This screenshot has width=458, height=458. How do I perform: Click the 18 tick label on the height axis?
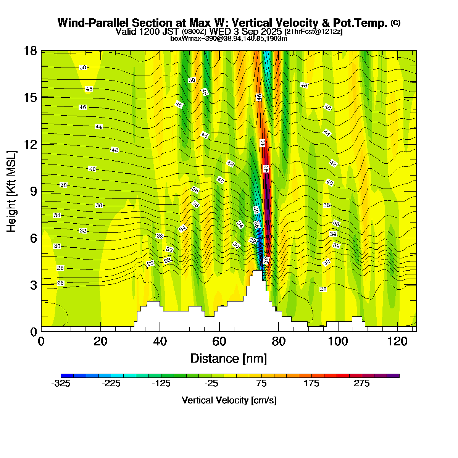(x=31, y=51)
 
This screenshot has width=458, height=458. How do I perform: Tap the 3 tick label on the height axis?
(x=34, y=285)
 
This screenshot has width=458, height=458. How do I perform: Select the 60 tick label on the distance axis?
(x=219, y=341)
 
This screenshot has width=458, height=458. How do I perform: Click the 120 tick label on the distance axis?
(x=398, y=341)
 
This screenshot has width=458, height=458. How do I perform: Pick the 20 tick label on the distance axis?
(x=101, y=341)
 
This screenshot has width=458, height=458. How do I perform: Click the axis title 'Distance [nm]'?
(x=229, y=358)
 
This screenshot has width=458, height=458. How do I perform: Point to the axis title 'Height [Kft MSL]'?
(x=12, y=191)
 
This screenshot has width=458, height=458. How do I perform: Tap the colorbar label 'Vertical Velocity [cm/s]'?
(x=229, y=400)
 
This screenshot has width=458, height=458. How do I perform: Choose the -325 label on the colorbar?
(x=61, y=384)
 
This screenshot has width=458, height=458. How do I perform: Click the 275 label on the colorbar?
(x=362, y=384)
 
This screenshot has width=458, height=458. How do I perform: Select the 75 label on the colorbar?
(x=261, y=384)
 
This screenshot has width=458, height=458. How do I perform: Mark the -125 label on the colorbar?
(x=161, y=384)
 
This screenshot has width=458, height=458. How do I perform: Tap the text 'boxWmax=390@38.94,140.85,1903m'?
(x=229, y=38)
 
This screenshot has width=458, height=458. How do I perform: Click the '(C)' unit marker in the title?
(x=395, y=23)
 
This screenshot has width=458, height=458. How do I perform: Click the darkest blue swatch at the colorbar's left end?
(x=67, y=376)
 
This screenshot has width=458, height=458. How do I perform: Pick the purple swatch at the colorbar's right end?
(x=393, y=376)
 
